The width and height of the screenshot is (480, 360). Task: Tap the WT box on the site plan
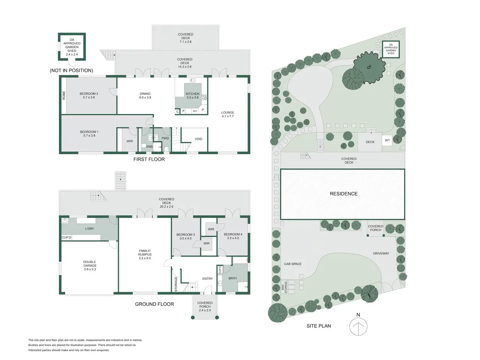(387, 140)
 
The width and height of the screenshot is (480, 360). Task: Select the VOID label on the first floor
(198, 139)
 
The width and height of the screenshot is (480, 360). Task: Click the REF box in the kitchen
(195, 111)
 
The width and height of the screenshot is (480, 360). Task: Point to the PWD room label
(165, 138)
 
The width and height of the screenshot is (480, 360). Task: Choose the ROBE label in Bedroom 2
(64, 95)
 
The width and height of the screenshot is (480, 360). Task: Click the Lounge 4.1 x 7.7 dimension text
(228, 116)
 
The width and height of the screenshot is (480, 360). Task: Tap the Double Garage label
(90, 264)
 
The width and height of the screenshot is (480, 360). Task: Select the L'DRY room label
(90, 229)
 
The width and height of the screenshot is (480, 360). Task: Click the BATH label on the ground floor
(232, 278)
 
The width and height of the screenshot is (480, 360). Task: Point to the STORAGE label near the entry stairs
(176, 284)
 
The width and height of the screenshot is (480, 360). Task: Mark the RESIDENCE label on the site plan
(343, 193)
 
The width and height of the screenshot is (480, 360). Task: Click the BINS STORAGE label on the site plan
(284, 287)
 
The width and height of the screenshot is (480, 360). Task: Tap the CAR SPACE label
(292, 264)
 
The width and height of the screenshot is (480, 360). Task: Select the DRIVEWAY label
(381, 253)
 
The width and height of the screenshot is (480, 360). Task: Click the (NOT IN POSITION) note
(71, 70)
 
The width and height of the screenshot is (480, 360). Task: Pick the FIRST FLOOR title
(149, 159)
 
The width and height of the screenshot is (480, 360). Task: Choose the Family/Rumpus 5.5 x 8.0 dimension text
(145, 258)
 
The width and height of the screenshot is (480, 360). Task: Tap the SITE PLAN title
(319, 326)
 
